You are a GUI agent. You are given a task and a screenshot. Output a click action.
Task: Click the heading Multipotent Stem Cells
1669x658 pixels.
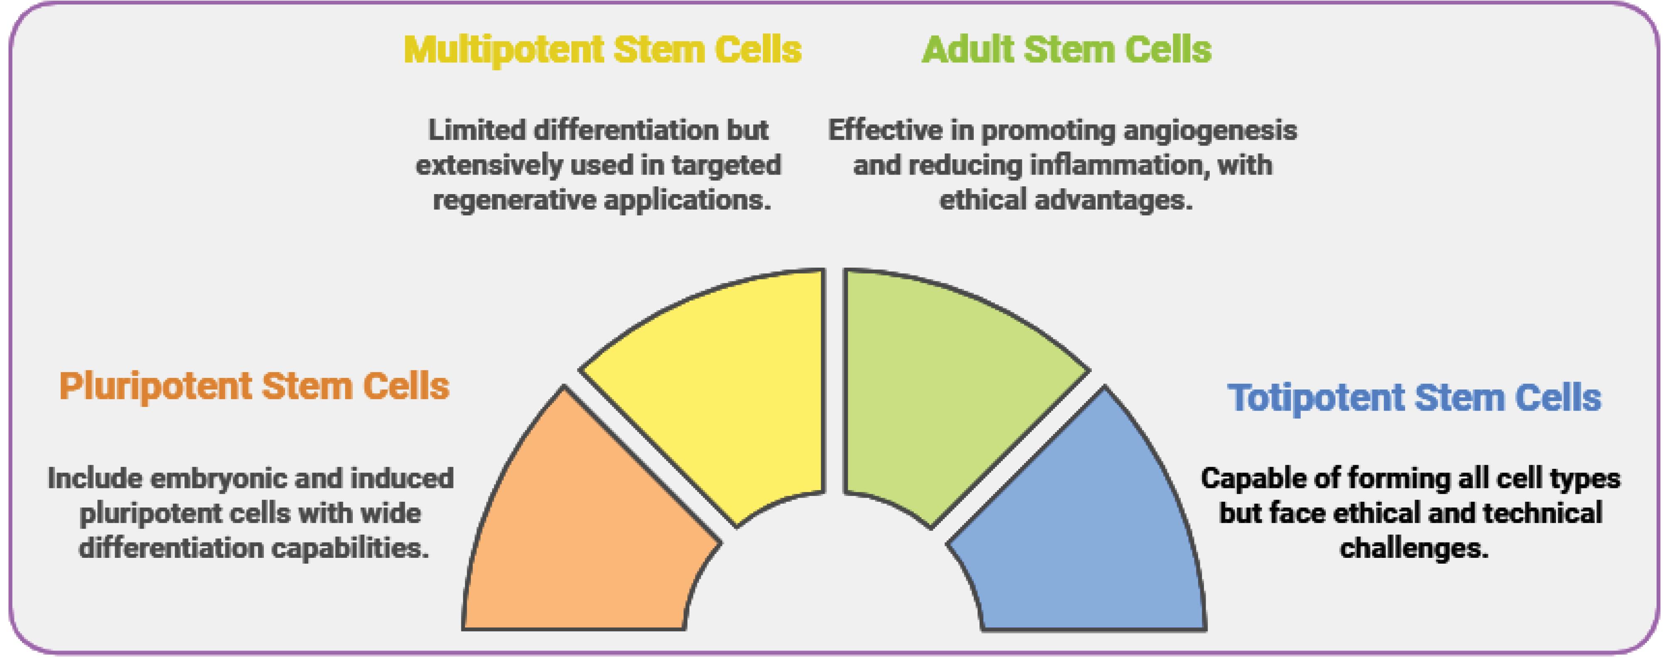coord(603,49)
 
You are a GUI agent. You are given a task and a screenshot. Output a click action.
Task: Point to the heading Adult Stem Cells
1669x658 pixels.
coord(1066,49)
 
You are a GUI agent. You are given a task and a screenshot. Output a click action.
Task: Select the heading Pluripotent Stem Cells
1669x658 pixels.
coord(254,387)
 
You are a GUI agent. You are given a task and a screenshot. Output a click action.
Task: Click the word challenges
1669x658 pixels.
coord(1414,548)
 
